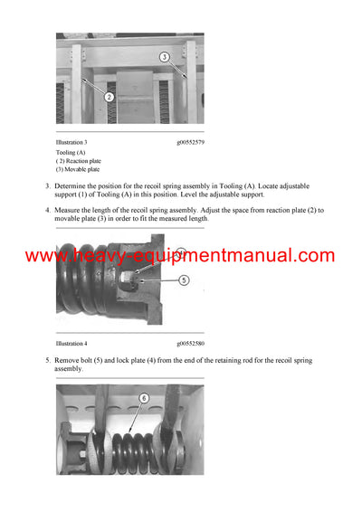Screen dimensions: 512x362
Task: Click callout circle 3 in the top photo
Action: click(x=164, y=56)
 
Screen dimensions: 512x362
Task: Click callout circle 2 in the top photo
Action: click(x=109, y=96)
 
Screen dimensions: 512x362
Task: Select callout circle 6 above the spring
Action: click(x=142, y=397)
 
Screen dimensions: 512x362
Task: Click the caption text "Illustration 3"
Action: click(x=71, y=142)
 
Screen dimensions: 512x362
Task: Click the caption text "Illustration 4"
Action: click(x=71, y=344)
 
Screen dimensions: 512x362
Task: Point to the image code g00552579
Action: click(x=190, y=142)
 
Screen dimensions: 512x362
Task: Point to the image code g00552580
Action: click(x=190, y=344)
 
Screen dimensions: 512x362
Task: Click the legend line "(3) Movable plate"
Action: click(x=78, y=169)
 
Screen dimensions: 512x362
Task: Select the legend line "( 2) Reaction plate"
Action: click(x=80, y=161)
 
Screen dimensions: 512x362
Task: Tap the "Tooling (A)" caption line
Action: click(x=72, y=153)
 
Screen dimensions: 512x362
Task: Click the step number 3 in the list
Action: click(x=47, y=186)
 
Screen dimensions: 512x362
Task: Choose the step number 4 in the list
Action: click(x=47, y=211)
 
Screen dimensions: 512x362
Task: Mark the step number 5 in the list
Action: click(x=47, y=360)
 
